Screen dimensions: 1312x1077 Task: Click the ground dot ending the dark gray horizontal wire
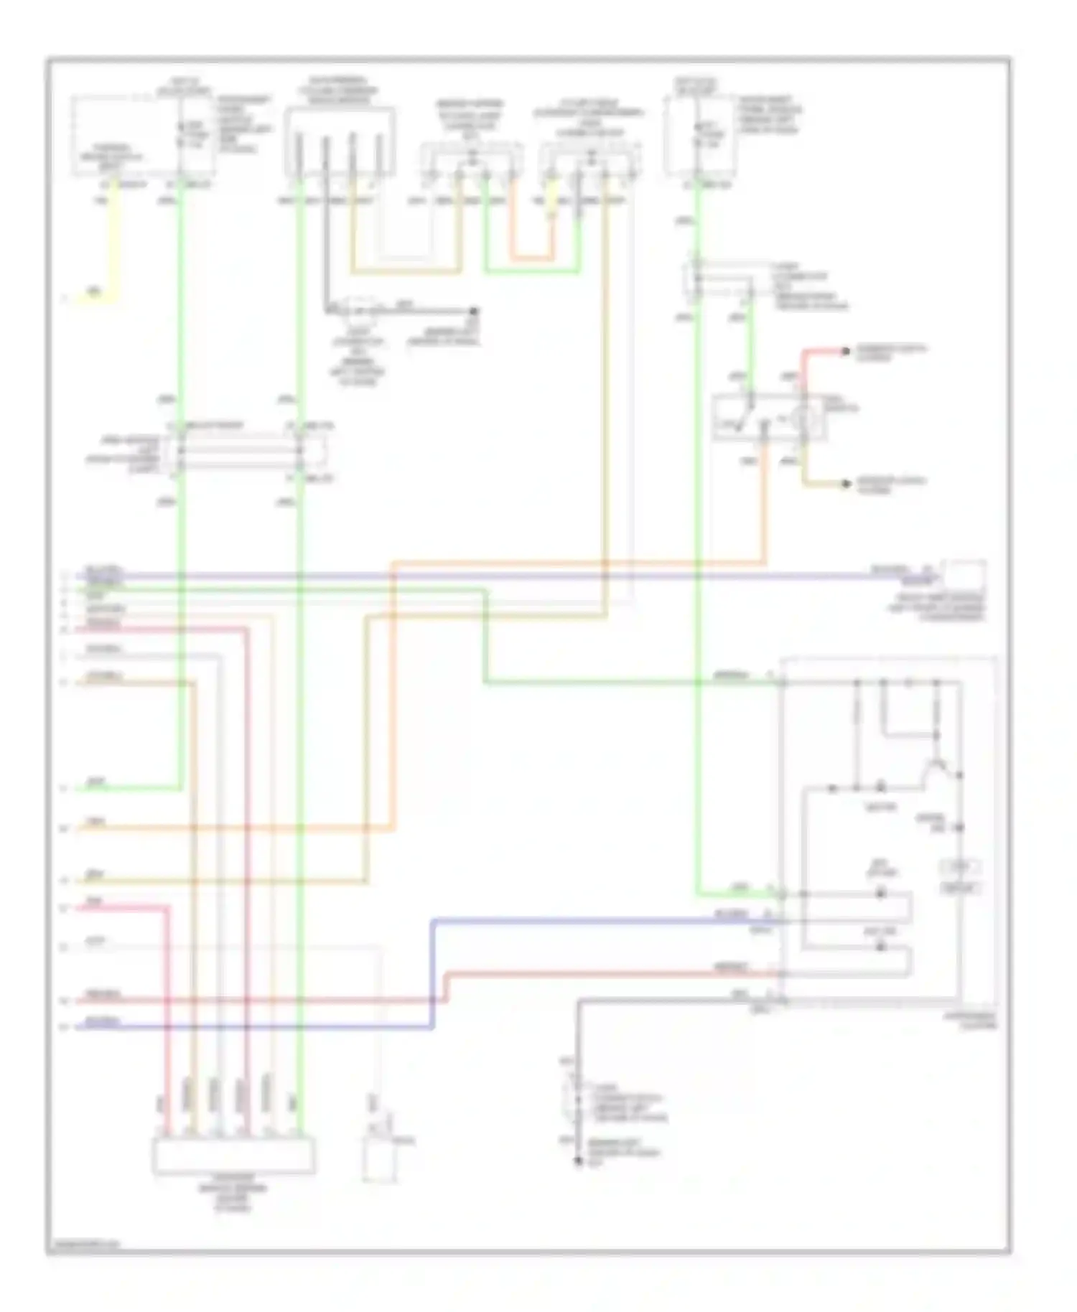click(x=474, y=311)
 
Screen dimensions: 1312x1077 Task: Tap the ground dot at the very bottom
click(x=578, y=1161)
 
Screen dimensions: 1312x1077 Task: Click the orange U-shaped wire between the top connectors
click(x=532, y=256)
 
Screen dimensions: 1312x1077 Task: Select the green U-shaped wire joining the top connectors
click(x=532, y=271)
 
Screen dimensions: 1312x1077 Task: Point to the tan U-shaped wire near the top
click(x=406, y=272)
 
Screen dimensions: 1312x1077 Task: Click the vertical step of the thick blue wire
click(x=433, y=973)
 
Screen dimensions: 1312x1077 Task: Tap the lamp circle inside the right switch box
click(x=803, y=416)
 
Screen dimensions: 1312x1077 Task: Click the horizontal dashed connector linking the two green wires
click(x=240, y=451)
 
